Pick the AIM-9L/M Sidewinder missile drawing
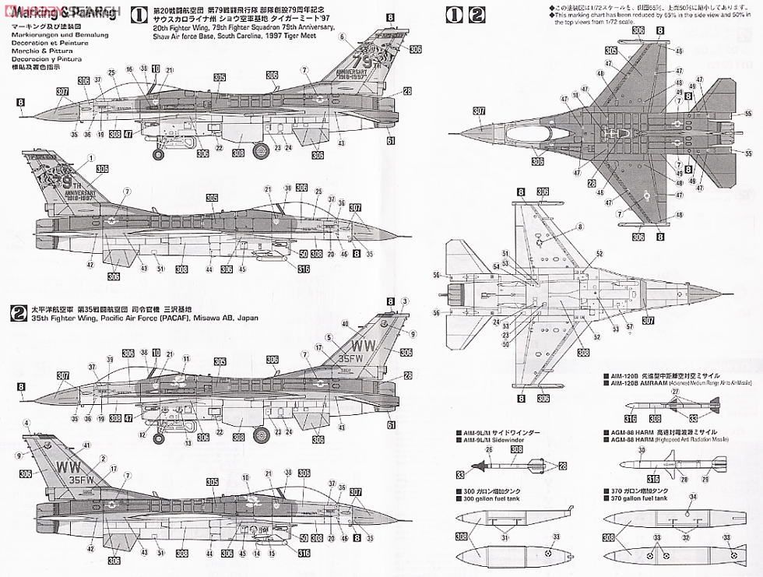coord(514,465)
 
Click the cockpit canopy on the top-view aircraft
coord(546,133)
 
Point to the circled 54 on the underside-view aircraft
coord(495,267)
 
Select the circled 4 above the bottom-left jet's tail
coord(26,424)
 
